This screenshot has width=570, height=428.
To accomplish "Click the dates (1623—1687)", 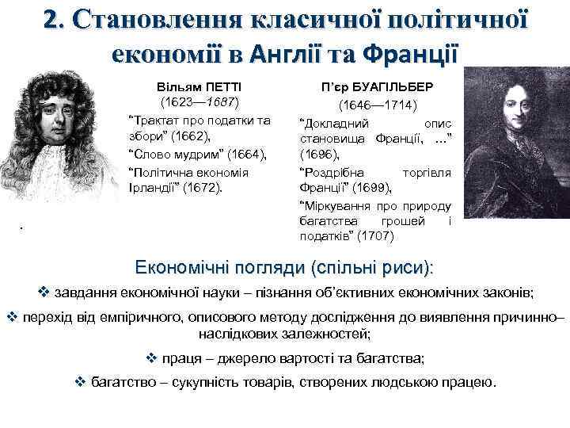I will click(x=195, y=102).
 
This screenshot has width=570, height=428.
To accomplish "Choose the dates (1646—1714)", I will click(x=374, y=105).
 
